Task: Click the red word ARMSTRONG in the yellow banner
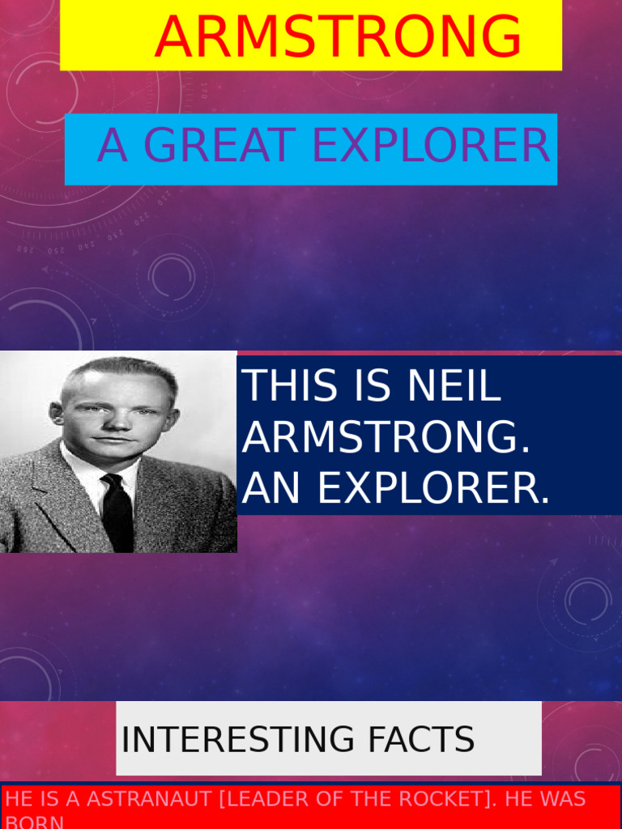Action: pyautogui.click(x=338, y=37)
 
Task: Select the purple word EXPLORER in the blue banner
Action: pyautogui.click(x=431, y=147)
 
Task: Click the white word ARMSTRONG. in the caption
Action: pyautogui.click(x=386, y=438)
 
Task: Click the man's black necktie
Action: pyautogui.click(x=117, y=514)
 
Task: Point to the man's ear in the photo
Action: pyautogui.click(x=56, y=414)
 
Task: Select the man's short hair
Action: pyautogui.click(x=121, y=371)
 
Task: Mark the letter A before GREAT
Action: pyautogui.click(x=112, y=147)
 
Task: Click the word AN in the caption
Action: pyautogui.click(x=272, y=488)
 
